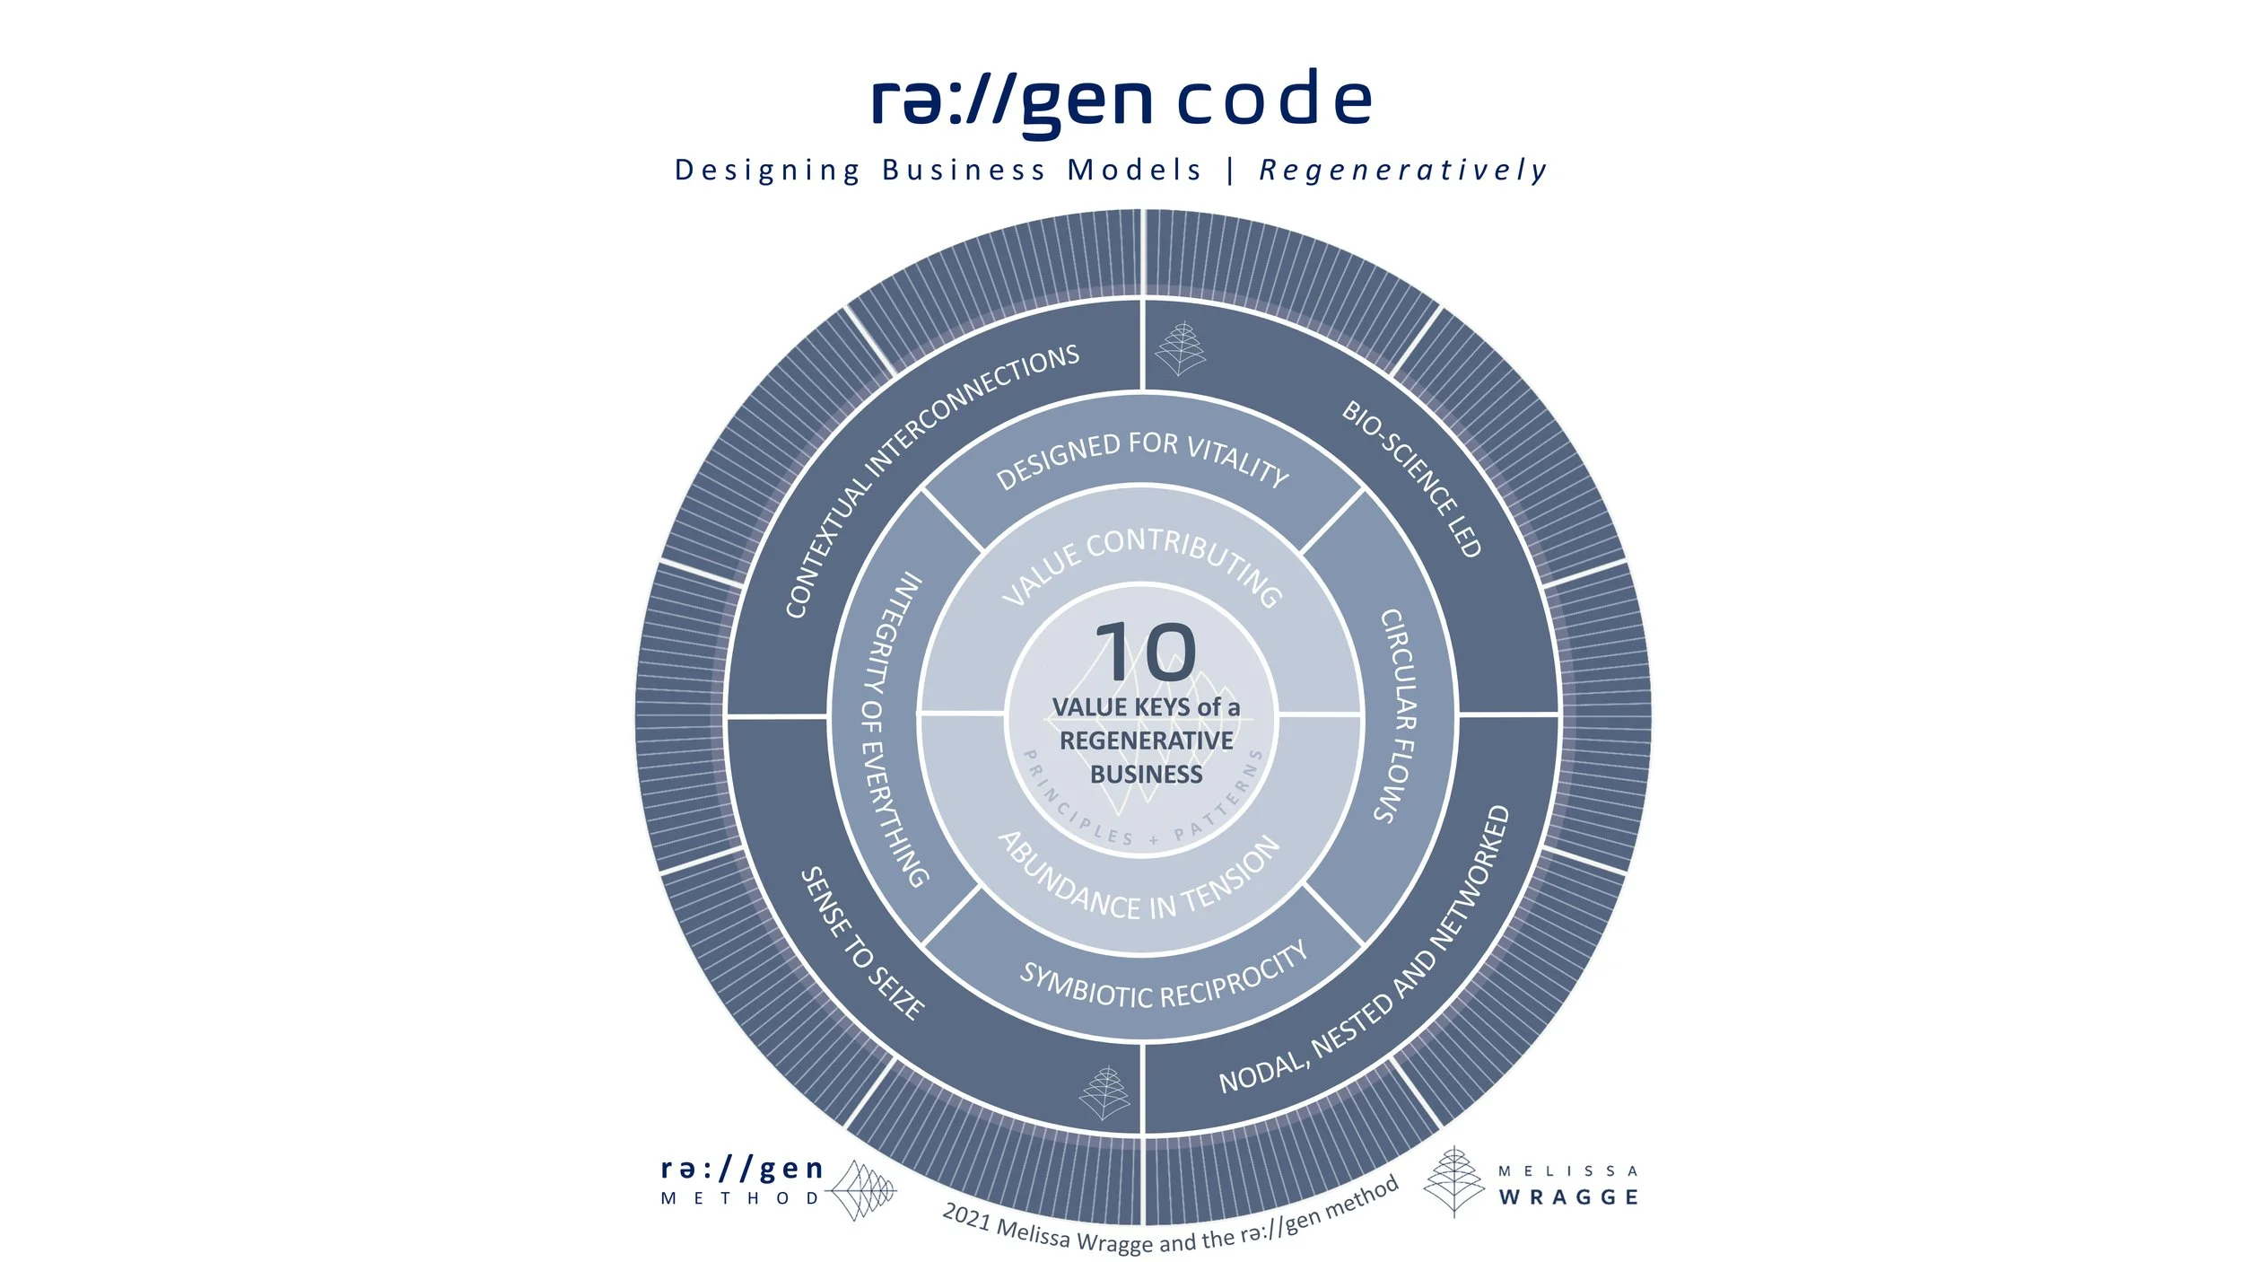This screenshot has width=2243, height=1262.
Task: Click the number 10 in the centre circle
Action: pyautogui.click(x=1146, y=652)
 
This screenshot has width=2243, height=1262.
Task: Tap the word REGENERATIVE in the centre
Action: pyautogui.click(x=1146, y=741)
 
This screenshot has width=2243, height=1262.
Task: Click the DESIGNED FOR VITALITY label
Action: pyautogui.click(x=1142, y=459)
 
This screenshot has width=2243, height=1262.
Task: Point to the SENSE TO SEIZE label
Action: pyautogui.click(x=862, y=943)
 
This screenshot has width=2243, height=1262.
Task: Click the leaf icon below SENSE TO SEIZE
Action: pyautogui.click(x=1104, y=1092)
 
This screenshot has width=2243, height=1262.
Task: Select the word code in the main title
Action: pyautogui.click(x=1274, y=98)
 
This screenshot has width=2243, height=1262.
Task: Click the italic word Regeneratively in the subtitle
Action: pyautogui.click(x=1403, y=170)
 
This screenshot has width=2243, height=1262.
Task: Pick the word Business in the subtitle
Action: pyautogui.click(x=964, y=170)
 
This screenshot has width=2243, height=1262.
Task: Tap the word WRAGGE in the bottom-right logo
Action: pyautogui.click(x=1568, y=1197)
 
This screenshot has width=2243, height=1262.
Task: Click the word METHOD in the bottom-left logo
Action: pyautogui.click(x=740, y=1198)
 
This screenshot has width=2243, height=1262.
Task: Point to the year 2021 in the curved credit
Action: pyautogui.click(x=966, y=1217)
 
